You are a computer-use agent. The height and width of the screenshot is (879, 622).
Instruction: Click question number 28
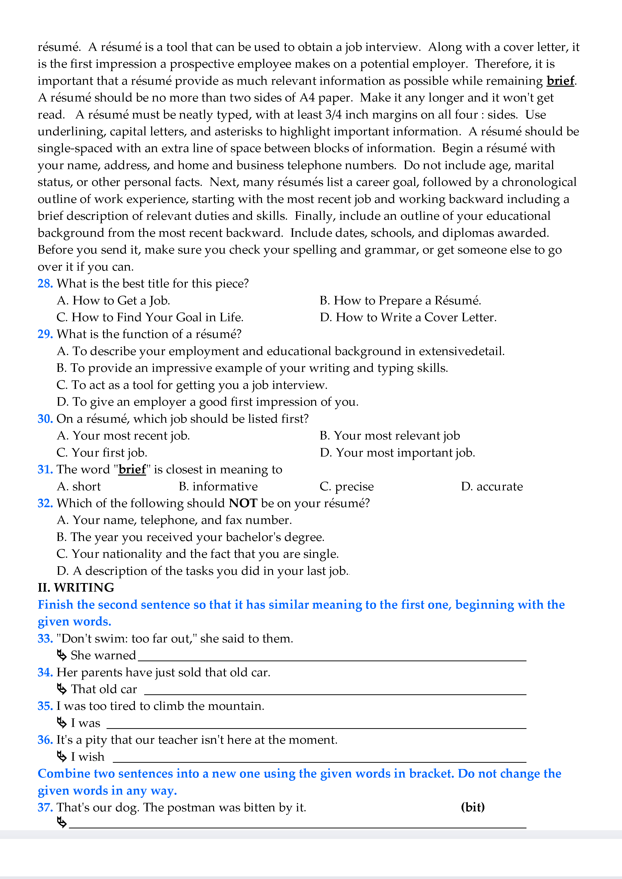coord(45,284)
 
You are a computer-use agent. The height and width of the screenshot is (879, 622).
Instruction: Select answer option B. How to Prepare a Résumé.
coord(400,300)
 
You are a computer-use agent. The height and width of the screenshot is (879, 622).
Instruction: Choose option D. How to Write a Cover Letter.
coord(408,317)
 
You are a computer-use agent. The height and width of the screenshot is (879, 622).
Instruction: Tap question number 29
coord(45,334)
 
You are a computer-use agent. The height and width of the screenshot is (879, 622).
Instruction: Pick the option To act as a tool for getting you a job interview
coord(192,385)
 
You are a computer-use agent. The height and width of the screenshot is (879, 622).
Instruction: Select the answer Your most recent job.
coord(123,436)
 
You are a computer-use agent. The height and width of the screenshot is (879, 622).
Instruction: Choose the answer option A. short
coord(79,487)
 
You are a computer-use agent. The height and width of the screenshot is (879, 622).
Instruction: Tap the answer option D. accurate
coord(492,487)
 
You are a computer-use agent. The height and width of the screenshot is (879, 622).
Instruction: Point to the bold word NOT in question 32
coord(243,503)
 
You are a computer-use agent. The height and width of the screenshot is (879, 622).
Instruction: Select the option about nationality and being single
coord(198,554)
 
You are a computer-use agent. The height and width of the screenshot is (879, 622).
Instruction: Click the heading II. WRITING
coord(76,588)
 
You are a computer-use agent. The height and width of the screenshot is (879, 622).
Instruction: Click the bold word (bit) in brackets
coord(473,807)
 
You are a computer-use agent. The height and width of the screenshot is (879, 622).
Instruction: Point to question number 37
coord(45,807)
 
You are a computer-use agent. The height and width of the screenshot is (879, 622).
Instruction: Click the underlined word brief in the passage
coord(560,81)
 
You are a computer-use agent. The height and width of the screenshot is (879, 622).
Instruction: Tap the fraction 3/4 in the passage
coord(333,115)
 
